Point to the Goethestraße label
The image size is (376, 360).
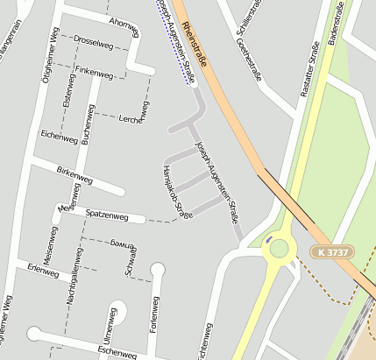click(x=249, y=60)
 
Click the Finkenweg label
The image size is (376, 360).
click(x=94, y=74)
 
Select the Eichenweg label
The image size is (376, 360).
click(x=60, y=134)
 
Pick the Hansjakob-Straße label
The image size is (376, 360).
click(x=177, y=190)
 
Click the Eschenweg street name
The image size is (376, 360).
click(x=117, y=351)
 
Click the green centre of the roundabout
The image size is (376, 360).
click(x=280, y=248)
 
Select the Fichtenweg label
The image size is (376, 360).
click(x=208, y=342)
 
